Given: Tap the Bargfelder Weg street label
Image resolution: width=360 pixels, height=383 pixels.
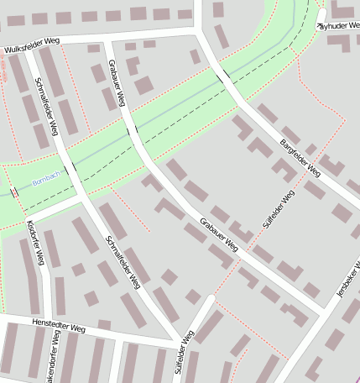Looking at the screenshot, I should (300, 157).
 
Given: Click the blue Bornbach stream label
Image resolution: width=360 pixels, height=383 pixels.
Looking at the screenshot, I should (45, 181).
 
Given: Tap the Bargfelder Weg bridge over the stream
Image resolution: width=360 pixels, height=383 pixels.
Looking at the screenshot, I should (224, 76).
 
